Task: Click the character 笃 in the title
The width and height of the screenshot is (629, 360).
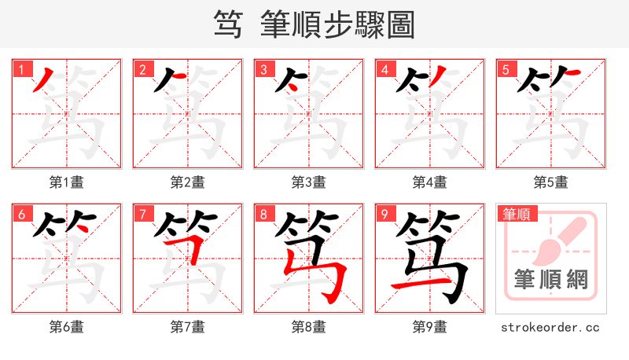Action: tap(227, 25)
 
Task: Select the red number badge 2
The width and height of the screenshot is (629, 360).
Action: tap(142, 69)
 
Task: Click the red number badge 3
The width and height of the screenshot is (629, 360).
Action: tap(263, 69)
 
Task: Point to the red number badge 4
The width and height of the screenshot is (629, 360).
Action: tap(384, 69)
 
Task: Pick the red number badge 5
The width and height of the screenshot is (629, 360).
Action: tap(506, 69)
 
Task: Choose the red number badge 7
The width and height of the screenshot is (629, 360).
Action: tap(142, 214)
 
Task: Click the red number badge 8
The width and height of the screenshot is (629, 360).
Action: tap(263, 214)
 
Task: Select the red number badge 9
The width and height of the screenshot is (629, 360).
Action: tap(384, 214)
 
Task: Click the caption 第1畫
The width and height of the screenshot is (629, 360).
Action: tap(67, 182)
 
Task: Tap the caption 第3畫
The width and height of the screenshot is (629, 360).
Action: tap(309, 182)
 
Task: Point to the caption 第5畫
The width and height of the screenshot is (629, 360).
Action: tap(551, 182)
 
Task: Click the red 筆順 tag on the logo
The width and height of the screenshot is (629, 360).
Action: tap(516, 214)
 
